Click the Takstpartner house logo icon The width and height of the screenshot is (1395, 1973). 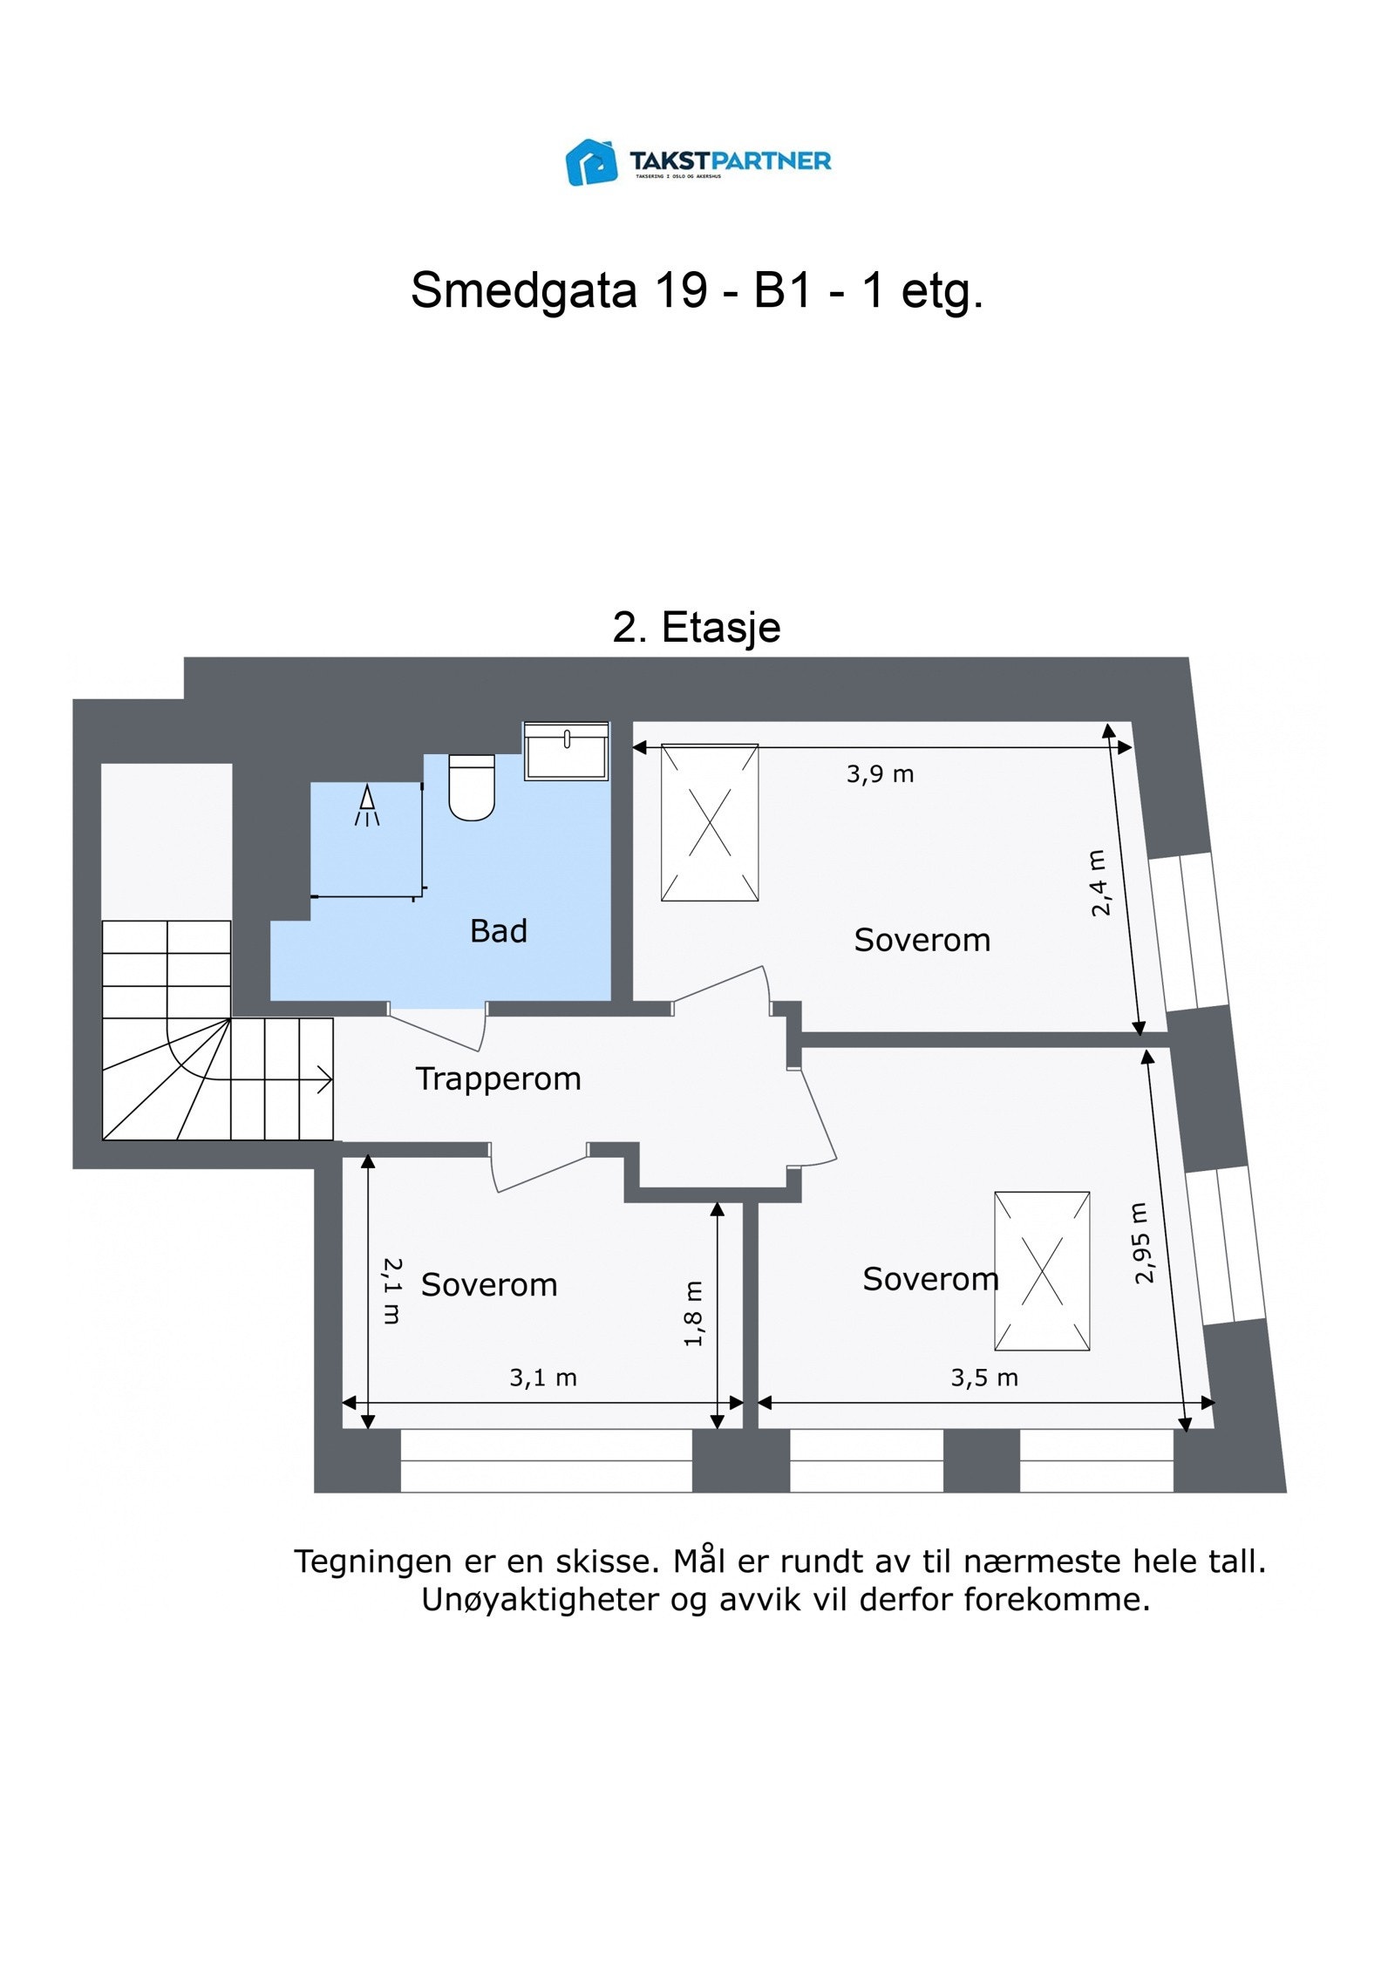tap(591, 162)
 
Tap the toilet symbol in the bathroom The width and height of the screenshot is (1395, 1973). tap(471, 786)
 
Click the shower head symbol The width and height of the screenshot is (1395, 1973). tap(367, 805)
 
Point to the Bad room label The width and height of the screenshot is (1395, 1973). tap(498, 931)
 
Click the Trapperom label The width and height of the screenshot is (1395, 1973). tap(498, 1078)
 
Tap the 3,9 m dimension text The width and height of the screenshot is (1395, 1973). tap(880, 773)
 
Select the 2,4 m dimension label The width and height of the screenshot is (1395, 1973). tap(1099, 882)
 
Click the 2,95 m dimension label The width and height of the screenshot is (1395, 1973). tap(1142, 1242)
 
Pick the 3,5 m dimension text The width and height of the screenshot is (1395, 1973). tap(983, 1378)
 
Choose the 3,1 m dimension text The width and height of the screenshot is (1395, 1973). tap(542, 1378)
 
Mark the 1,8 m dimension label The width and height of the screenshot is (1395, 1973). tap(693, 1313)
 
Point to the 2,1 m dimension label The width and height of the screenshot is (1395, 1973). tap(392, 1290)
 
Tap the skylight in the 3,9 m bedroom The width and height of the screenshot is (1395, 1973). tap(709, 822)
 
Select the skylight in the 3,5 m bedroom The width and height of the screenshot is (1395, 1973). tap(1041, 1270)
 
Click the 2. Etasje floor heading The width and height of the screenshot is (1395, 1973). tap(696, 628)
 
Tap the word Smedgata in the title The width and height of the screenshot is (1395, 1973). tap(523, 289)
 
